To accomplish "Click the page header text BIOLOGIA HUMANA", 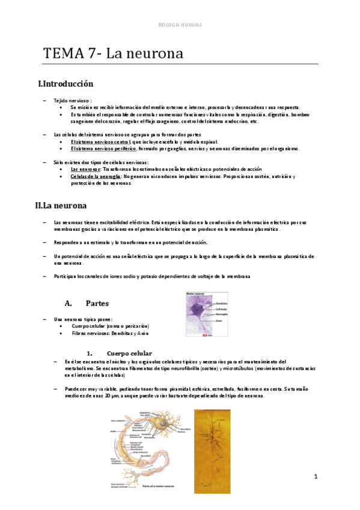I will [180, 25].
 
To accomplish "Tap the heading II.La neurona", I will [61, 206].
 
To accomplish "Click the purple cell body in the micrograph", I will [198, 311].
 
